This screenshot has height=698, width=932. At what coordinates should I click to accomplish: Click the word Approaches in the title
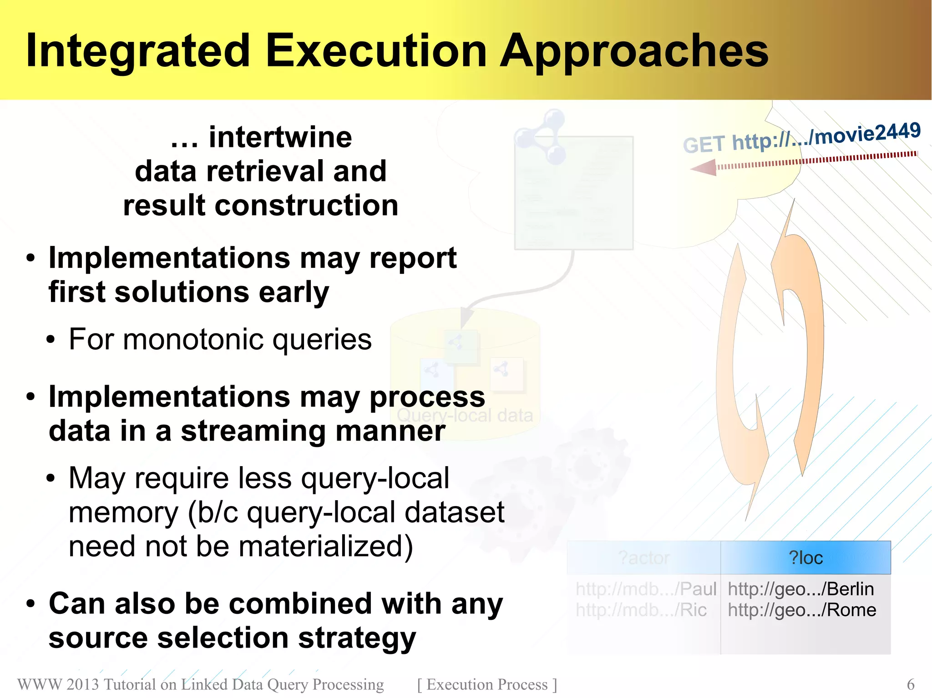pyautogui.click(x=634, y=51)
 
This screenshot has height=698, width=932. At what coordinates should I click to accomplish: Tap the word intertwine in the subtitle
pyautogui.click(x=280, y=137)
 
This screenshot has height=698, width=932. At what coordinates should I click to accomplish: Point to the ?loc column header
pyautogui.click(x=805, y=558)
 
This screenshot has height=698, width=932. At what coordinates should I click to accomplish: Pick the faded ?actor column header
pyautogui.click(x=644, y=558)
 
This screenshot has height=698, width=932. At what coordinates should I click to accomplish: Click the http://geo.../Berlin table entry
pyautogui.click(x=800, y=589)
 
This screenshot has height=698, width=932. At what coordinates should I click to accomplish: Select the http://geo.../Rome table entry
pyautogui.click(x=802, y=610)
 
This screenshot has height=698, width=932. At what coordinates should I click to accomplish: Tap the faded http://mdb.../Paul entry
pyautogui.click(x=646, y=589)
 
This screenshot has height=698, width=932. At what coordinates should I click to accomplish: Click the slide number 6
pyautogui.click(x=911, y=684)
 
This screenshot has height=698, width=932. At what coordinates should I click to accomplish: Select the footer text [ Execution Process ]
pyautogui.click(x=487, y=684)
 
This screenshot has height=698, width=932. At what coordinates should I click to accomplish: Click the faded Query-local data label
pyautogui.click(x=465, y=415)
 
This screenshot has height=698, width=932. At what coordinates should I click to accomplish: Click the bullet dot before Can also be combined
pyautogui.click(x=30, y=604)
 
